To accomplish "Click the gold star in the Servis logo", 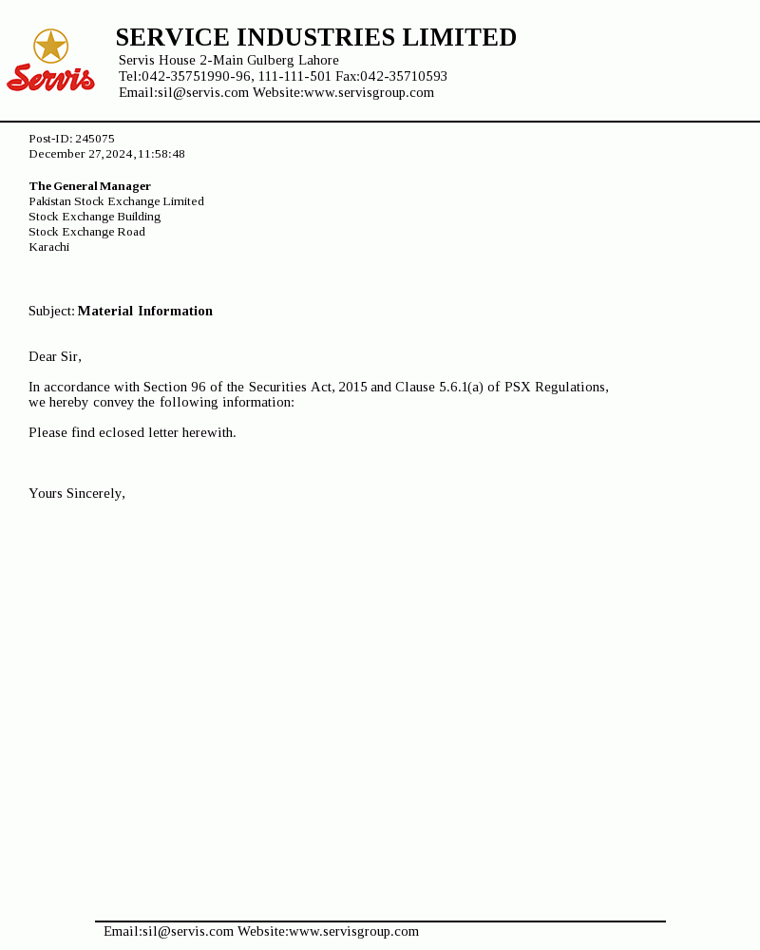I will point(50,45).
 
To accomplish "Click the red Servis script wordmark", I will point(50,78).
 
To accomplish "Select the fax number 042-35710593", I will point(404,76).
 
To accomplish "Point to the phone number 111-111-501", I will point(294,76).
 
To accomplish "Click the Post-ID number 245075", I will point(95,139).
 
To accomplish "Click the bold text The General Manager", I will point(89,186).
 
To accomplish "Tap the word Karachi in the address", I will point(48,247).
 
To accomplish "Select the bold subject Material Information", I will point(145,311).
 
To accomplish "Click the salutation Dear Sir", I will point(54,356).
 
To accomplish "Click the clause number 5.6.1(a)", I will point(461,387).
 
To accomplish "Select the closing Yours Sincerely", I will point(76,493).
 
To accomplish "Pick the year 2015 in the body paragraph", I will point(352,387).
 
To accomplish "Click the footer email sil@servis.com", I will point(188,931).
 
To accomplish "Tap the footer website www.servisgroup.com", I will point(353,931).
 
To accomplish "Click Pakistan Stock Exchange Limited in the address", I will point(116,201).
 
